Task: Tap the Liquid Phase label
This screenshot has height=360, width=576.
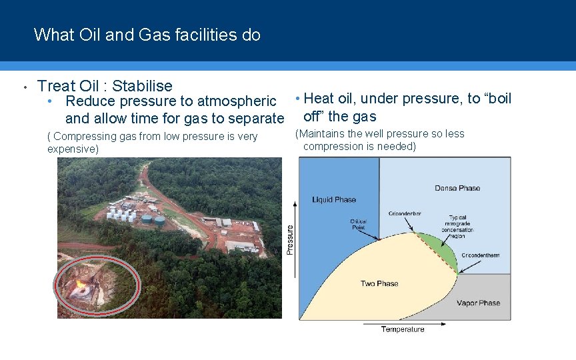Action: click(334, 199)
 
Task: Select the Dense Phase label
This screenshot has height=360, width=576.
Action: click(457, 188)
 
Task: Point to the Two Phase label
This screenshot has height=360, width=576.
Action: click(379, 283)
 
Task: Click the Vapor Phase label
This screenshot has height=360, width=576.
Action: click(478, 303)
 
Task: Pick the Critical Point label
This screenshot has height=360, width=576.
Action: click(358, 225)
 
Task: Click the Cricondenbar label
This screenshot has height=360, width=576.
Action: click(405, 214)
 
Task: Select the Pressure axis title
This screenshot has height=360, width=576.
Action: click(289, 239)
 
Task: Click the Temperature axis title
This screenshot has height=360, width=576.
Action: click(403, 329)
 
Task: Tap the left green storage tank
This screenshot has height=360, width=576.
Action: click(146, 219)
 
